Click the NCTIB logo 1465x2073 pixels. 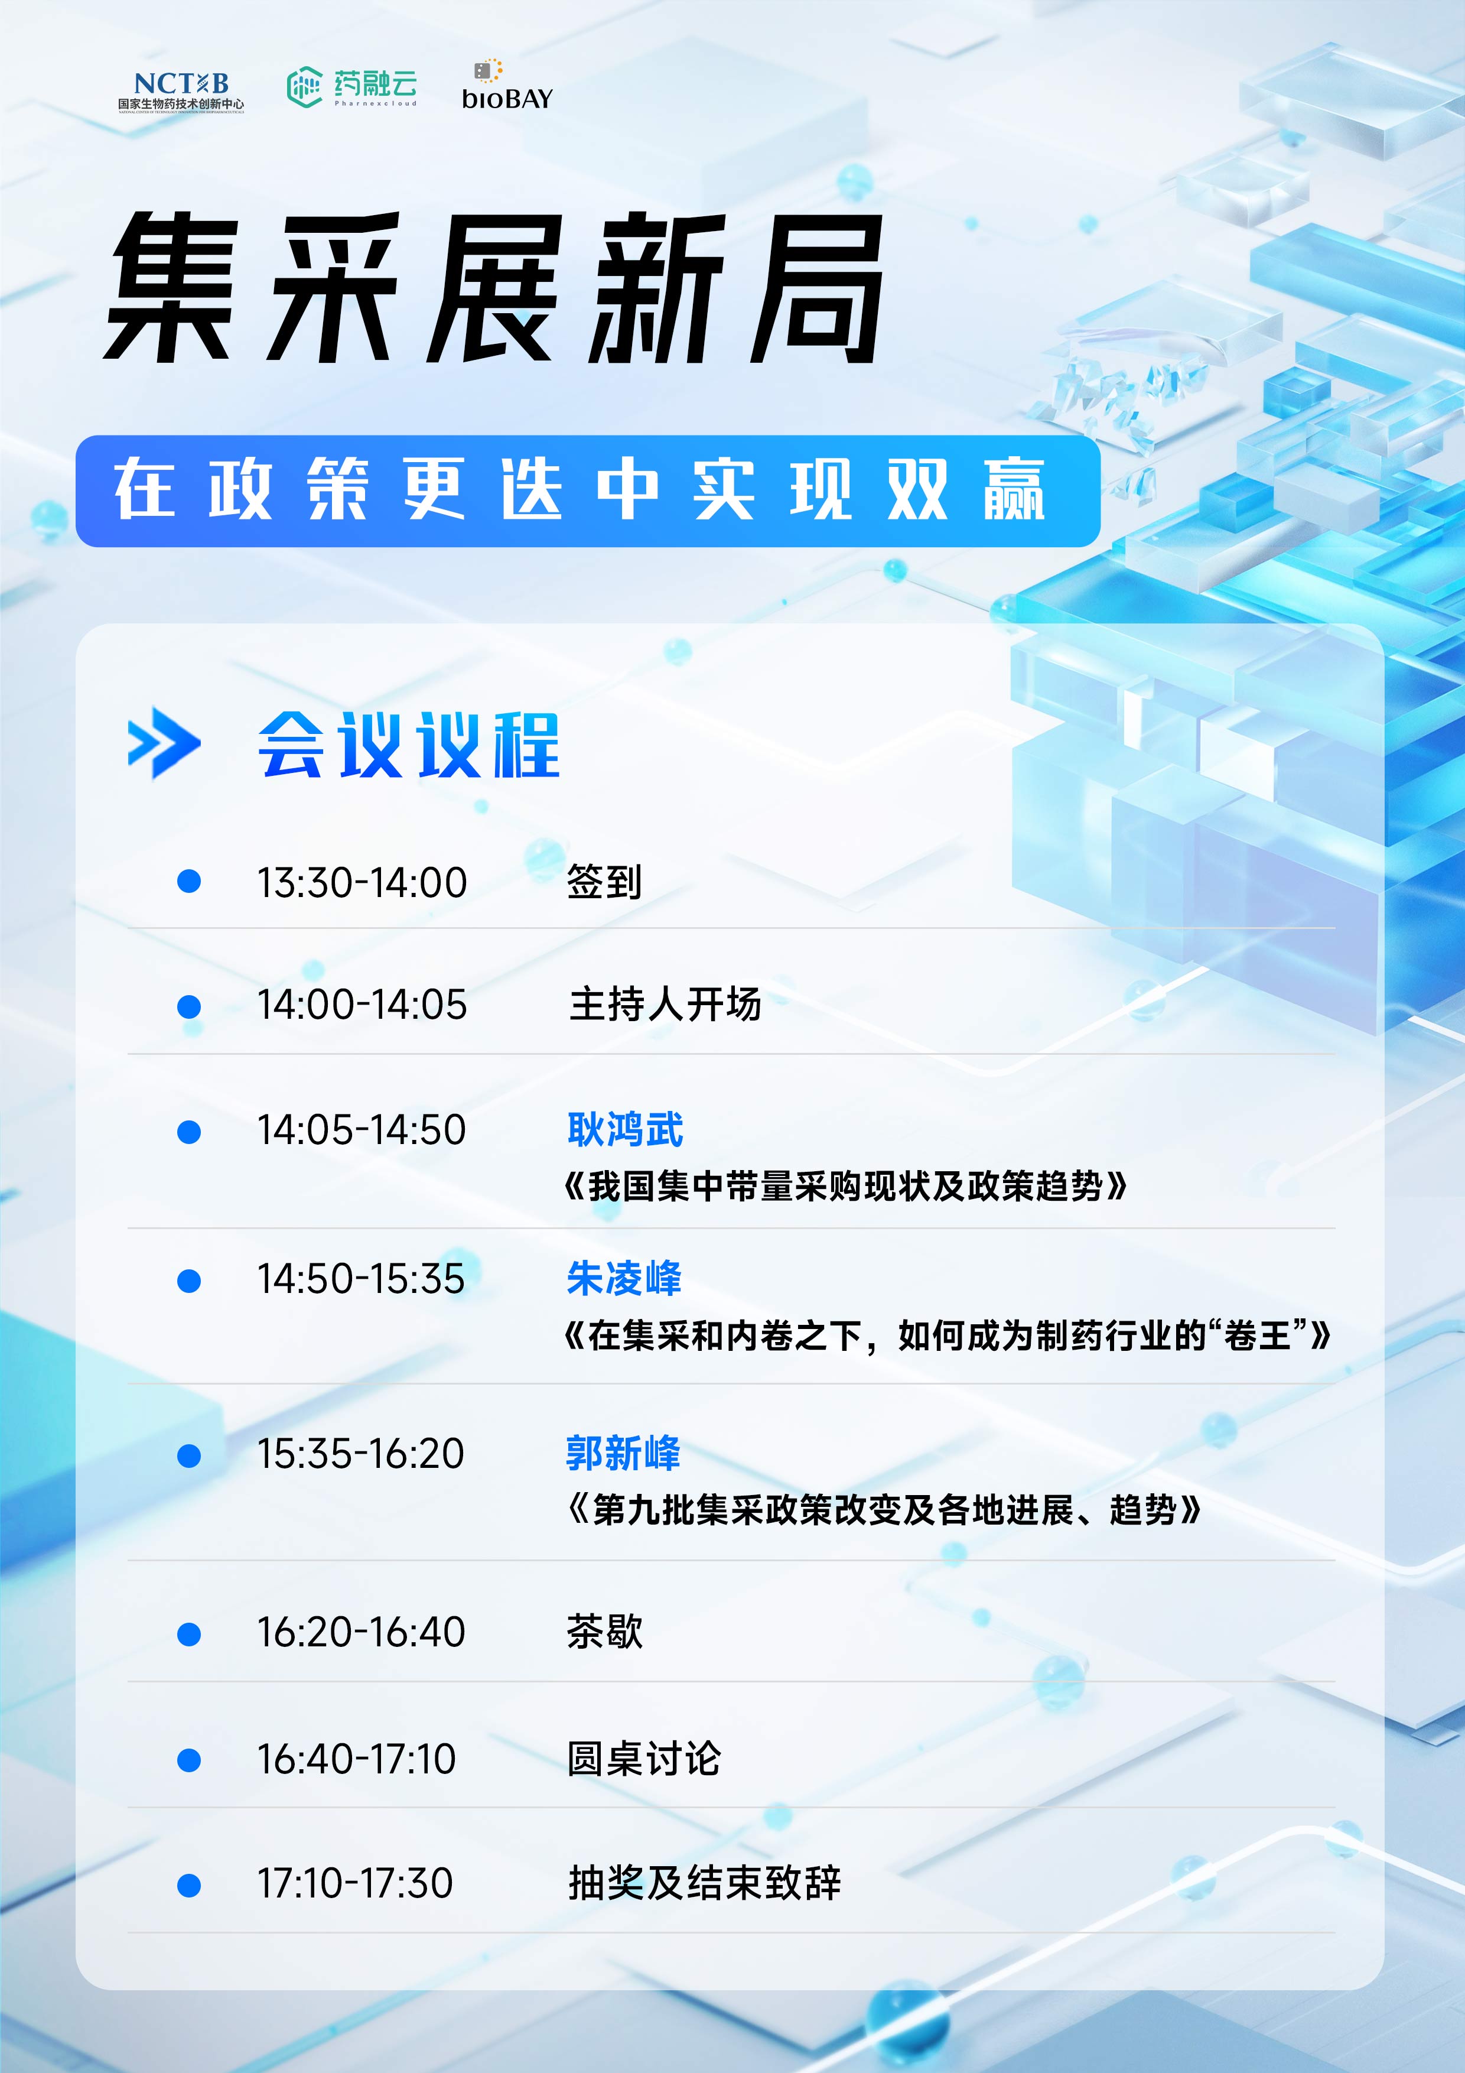click(181, 91)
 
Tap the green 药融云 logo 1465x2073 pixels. click(352, 87)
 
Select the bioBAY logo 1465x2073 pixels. click(506, 85)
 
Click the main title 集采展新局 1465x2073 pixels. click(494, 288)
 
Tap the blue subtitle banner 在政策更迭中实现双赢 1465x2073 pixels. click(588, 490)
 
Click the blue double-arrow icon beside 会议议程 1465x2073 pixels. click(164, 743)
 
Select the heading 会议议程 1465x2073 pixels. click(409, 745)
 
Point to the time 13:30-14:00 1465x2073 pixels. click(362, 882)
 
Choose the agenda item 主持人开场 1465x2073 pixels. click(665, 1004)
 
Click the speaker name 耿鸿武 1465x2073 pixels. click(624, 1129)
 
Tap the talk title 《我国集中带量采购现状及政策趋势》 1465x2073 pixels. click(846, 1185)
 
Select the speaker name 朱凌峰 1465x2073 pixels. click(624, 1278)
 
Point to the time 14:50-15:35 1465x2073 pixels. click(361, 1278)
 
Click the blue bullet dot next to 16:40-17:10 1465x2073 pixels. click(188, 1759)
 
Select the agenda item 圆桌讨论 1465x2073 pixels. click(643, 1759)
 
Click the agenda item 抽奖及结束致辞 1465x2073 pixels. click(704, 1883)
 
